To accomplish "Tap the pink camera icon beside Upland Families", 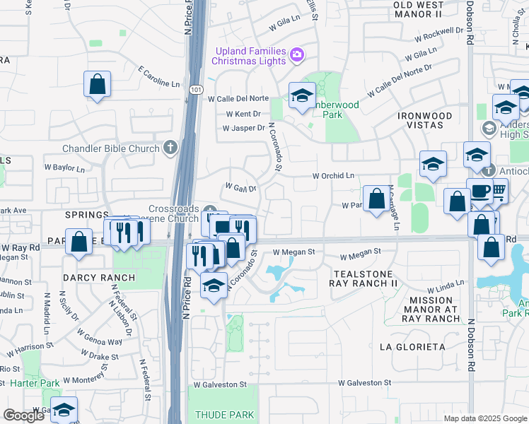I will coord(298,54).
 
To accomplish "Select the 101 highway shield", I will coord(195,90).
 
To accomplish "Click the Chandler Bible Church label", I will coord(111,148).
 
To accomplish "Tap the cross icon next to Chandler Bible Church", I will coord(169,148).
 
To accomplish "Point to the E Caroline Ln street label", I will coord(160,78).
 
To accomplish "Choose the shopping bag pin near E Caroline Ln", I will coord(98,84).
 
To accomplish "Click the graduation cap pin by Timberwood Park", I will coord(302,96).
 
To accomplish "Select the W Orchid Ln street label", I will coord(333,176).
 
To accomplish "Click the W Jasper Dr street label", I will coord(243,129).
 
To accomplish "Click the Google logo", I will coord(23,415).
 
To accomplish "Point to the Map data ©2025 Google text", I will coord(484,418).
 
